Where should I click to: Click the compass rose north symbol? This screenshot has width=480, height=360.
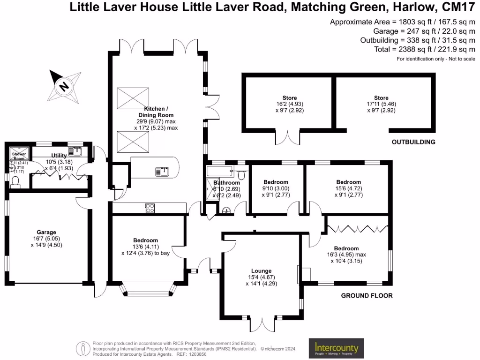(64, 86)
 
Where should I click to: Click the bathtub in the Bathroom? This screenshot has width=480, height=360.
(221, 170)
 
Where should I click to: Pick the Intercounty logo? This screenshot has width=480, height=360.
(336, 348)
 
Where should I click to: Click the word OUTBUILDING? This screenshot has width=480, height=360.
(414, 142)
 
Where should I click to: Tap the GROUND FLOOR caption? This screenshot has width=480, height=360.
(366, 296)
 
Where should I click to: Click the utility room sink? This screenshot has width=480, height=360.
(75, 151)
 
